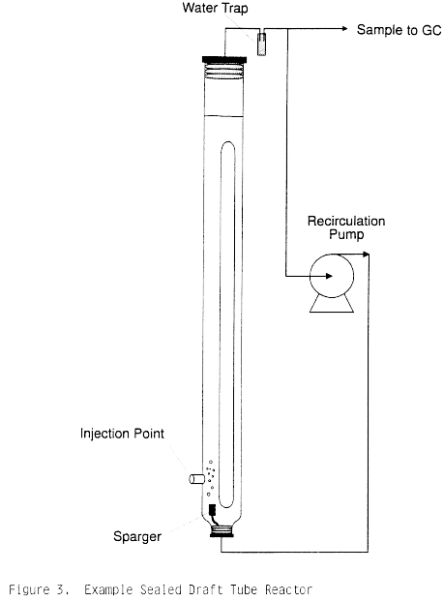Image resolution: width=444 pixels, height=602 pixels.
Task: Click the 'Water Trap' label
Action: (215, 8)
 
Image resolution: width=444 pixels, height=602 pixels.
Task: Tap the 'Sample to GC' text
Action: (400, 30)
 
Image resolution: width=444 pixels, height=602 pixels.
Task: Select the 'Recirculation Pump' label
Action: (346, 227)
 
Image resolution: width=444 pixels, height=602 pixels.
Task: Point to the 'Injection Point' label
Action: (122, 434)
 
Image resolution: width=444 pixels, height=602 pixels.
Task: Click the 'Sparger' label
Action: (137, 537)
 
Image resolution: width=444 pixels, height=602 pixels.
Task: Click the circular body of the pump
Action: (332, 276)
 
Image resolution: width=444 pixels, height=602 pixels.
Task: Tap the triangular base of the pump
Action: (332, 304)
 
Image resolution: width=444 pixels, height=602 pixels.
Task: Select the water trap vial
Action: (261, 45)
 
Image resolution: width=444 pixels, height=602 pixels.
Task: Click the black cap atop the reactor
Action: (224, 59)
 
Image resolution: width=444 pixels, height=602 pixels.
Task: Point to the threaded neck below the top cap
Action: (224, 71)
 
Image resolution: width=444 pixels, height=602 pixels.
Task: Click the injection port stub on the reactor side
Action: (196, 479)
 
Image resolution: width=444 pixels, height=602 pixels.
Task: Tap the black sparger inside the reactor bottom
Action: (212, 510)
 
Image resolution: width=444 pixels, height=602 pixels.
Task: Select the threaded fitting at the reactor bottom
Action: (222, 531)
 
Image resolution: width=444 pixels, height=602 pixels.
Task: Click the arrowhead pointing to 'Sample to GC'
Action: (344, 28)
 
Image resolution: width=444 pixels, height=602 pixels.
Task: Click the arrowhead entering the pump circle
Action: (329, 276)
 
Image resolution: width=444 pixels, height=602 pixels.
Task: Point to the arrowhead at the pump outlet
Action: (366, 254)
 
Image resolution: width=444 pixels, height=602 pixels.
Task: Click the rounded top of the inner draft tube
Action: (228, 143)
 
